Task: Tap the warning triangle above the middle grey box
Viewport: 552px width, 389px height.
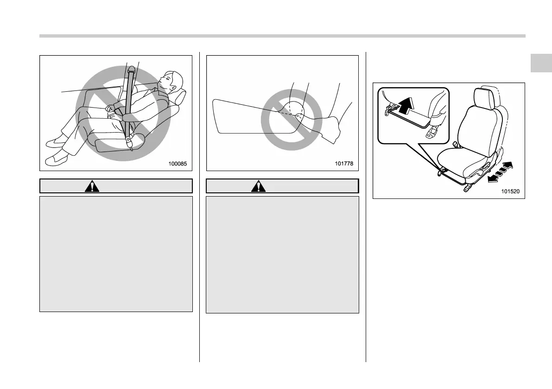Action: [256, 186]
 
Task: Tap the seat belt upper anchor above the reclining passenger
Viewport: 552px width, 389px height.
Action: [132, 70]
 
